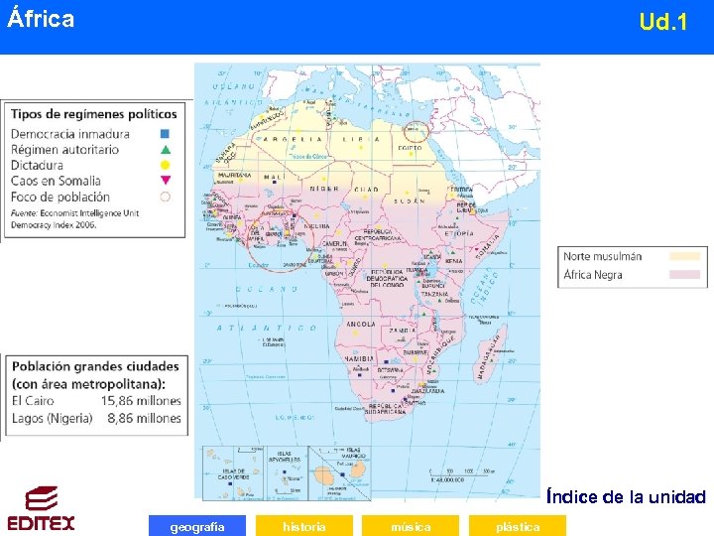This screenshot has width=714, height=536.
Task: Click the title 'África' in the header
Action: [41, 19]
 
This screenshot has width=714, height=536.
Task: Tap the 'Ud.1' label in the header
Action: [663, 21]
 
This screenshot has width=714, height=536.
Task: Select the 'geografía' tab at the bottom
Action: [196, 526]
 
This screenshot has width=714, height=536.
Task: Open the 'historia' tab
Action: [304, 526]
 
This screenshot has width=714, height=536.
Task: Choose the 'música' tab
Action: [411, 526]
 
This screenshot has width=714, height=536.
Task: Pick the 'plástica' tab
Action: [518, 526]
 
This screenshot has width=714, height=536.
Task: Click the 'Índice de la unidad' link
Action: [626, 496]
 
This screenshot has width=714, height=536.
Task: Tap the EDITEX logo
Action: [41, 509]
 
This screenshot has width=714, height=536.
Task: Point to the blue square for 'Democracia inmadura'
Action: [166, 134]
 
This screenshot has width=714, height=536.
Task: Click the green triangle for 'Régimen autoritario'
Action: [166, 149]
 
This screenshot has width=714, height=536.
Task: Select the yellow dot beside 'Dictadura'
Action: [166, 165]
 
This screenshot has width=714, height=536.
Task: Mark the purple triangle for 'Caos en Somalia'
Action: [166, 181]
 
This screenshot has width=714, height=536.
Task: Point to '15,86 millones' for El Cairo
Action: [141, 401]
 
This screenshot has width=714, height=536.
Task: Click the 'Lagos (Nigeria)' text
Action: [53, 418]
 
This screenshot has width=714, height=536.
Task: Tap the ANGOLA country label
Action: [360, 324]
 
